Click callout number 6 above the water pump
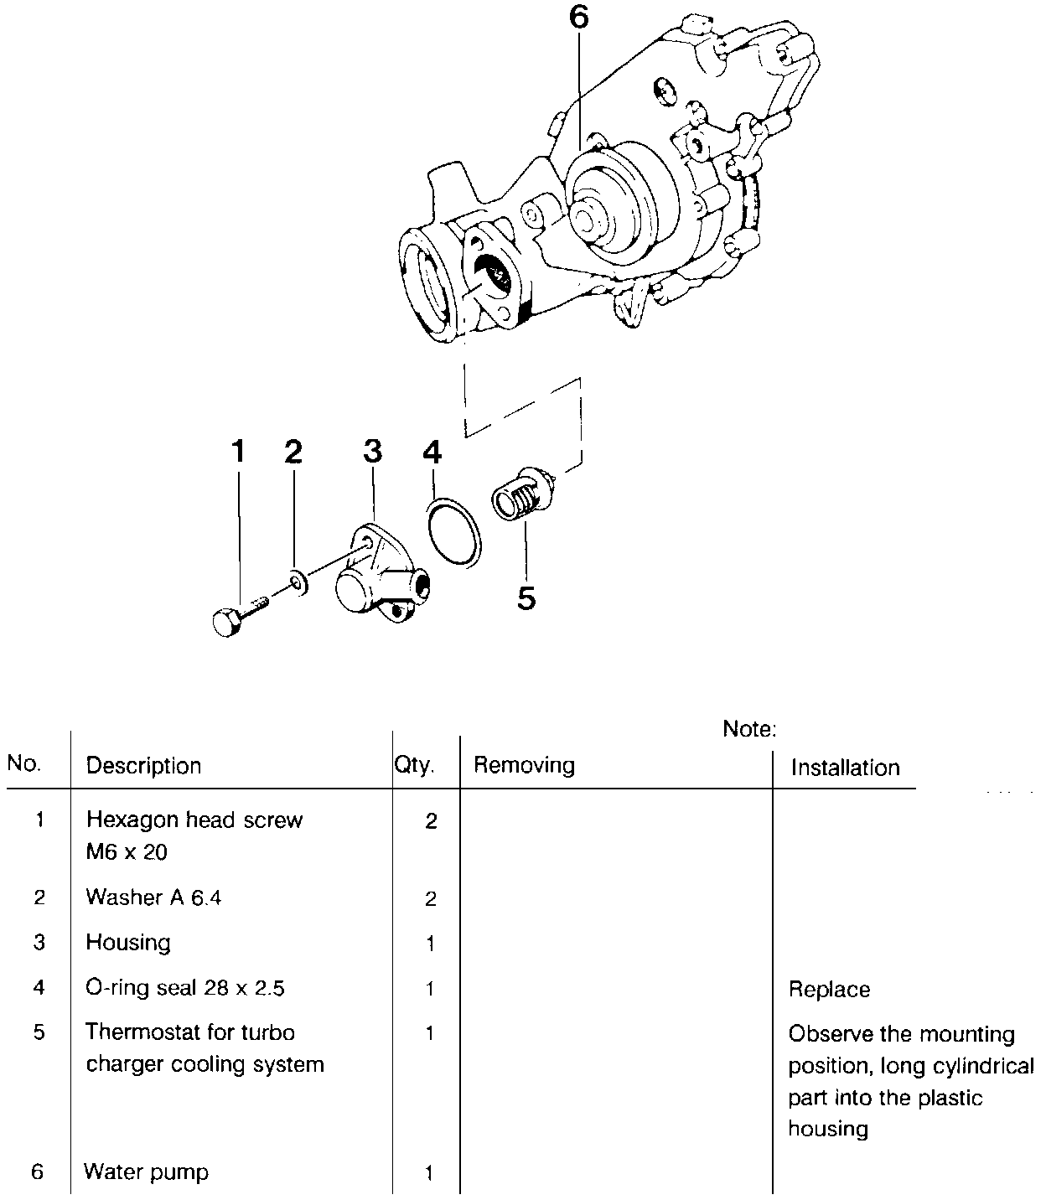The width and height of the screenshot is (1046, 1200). pos(579,18)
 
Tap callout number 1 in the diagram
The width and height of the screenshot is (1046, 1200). pos(239,451)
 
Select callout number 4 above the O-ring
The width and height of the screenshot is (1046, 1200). pos(431,453)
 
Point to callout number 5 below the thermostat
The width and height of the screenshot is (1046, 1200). pos(526,598)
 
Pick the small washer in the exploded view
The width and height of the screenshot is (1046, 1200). pos(296,582)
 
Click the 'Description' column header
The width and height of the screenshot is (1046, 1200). pos(143,766)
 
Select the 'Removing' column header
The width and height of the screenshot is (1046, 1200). pos(524,765)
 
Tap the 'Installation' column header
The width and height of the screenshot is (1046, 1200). pos(845,768)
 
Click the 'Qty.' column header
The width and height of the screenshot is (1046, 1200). pos(415,765)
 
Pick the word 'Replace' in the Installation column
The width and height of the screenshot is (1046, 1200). pos(829,990)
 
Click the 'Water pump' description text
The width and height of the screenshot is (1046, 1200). pos(147,1172)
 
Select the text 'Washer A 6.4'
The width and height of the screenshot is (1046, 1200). pos(153,897)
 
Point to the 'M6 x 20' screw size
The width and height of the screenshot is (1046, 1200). pos(127,852)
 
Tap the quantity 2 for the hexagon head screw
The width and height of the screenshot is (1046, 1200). pos(431,821)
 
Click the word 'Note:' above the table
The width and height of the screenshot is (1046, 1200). pos(749,729)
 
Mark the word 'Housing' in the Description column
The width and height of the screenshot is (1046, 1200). pos(128,943)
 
